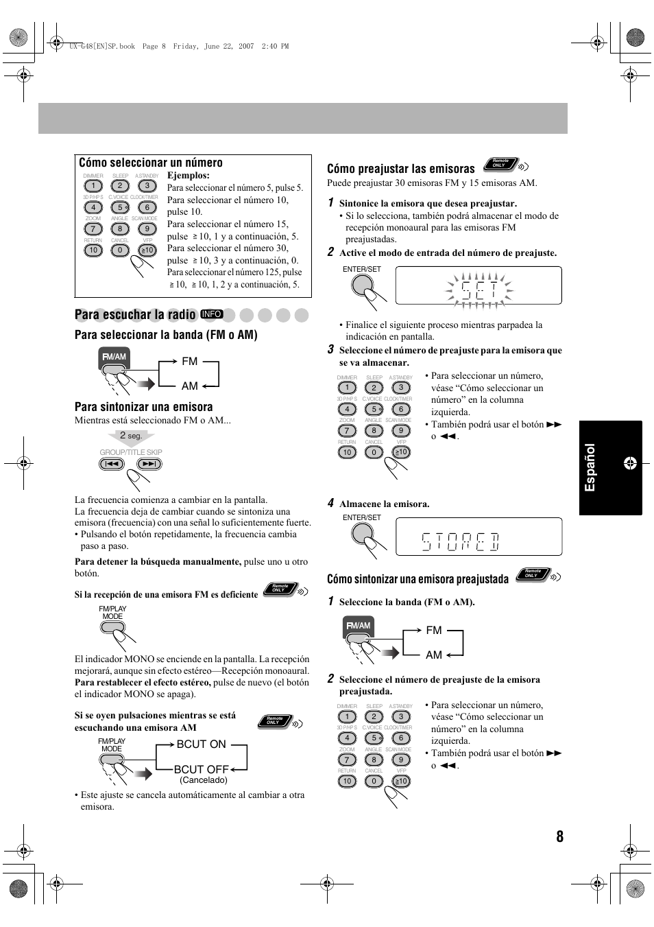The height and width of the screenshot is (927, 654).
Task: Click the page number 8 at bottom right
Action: [x=559, y=836]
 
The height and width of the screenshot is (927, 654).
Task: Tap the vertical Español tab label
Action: [x=590, y=468]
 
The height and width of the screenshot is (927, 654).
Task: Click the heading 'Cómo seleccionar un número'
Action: [x=151, y=163]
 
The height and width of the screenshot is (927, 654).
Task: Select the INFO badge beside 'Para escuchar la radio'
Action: [x=212, y=314]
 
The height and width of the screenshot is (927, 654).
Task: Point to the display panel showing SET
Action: [x=479, y=285]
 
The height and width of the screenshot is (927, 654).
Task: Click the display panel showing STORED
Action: [x=479, y=537]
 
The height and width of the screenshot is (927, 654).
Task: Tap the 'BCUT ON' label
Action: [x=201, y=744]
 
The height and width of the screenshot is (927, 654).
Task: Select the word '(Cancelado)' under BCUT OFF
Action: [x=203, y=780]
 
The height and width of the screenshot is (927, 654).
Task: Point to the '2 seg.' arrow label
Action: [x=131, y=436]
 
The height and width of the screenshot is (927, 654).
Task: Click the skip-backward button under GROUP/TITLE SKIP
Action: [x=112, y=464]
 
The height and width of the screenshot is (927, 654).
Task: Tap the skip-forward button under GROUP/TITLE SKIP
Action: [x=149, y=464]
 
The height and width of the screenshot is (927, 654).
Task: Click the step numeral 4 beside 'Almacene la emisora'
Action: [x=330, y=503]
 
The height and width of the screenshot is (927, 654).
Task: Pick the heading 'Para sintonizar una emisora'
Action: [x=144, y=407]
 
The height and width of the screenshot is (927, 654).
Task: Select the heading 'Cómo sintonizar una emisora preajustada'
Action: [x=417, y=579]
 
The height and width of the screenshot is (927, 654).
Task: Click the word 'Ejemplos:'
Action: [x=189, y=176]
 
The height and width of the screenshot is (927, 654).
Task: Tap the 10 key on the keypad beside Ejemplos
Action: [x=93, y=250]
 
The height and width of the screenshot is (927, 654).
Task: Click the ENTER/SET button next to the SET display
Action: [x=362, y=284]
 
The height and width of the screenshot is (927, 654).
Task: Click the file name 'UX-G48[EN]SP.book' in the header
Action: [x=102, y=47]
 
